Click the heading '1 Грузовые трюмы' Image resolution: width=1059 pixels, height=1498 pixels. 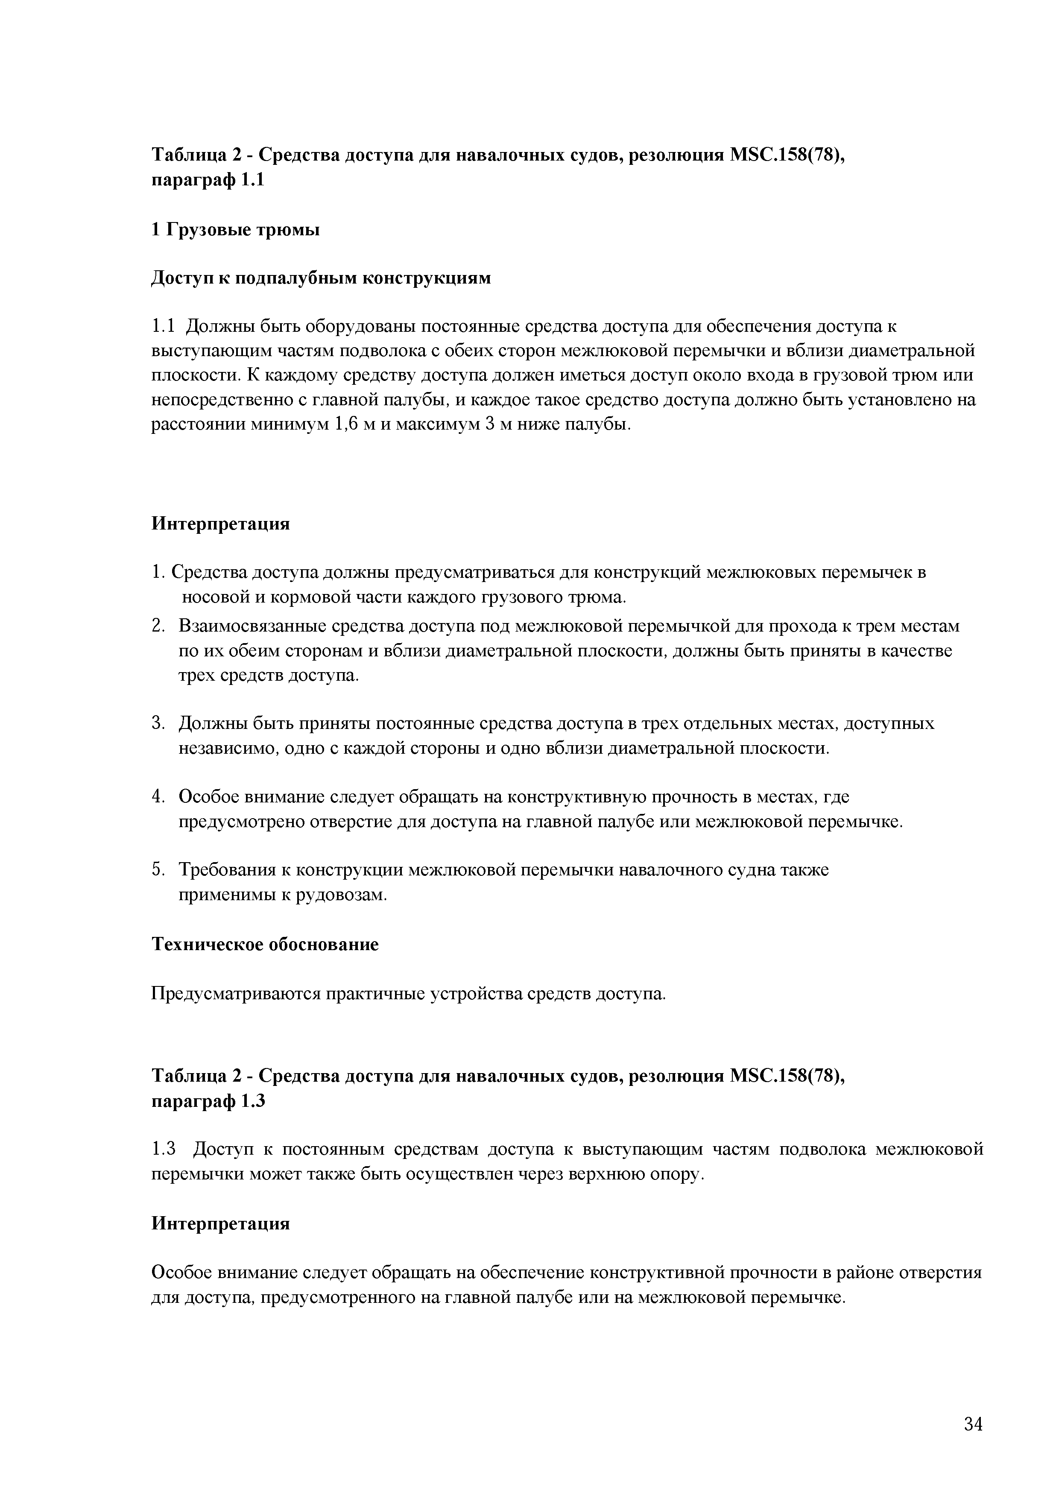tap(236, 230)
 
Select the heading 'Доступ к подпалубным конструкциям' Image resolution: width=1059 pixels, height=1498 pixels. tap(321, 278)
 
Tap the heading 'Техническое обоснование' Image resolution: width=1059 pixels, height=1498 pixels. tap(265, 944)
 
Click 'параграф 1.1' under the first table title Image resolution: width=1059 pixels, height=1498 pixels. tap(208, 180)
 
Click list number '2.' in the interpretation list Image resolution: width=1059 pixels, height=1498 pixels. tap(158, 626)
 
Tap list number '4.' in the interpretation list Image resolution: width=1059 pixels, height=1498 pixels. tap(158, 797)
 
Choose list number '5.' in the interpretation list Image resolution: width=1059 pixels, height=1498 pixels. tap(158, 870)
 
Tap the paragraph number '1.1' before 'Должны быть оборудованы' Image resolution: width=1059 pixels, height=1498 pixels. tap(164, 326)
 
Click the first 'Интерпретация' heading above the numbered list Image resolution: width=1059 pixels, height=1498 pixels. tap(220, 524)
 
